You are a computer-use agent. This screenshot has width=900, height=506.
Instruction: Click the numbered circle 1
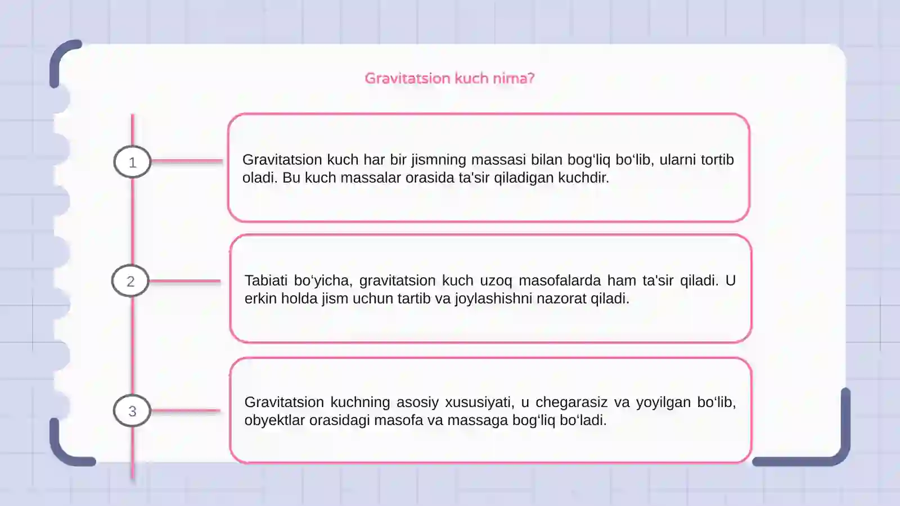132,162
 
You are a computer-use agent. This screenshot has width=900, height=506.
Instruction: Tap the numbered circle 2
130,281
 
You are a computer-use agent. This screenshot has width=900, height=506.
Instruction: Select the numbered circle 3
132,411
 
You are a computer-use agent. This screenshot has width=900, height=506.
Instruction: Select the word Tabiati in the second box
265,281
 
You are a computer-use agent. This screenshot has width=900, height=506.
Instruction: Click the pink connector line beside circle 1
187,161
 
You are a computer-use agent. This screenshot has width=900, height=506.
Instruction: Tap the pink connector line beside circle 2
184,281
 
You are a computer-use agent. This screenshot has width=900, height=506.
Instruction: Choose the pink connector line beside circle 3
186,411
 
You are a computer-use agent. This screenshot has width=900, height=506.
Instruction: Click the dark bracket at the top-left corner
59,59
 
